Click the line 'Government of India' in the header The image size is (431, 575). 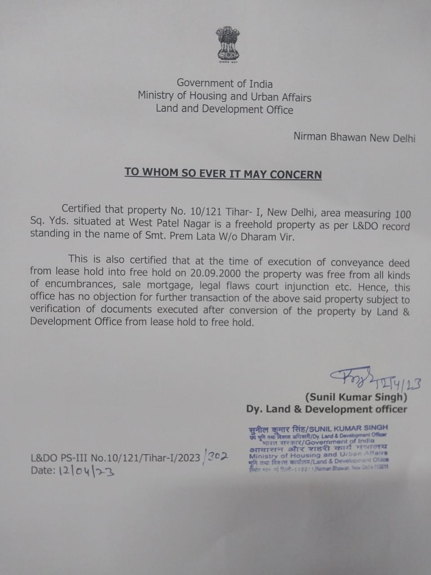tap(224, 83)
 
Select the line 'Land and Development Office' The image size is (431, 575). tap(224, 109)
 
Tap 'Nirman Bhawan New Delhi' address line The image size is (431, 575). tap(354, 137)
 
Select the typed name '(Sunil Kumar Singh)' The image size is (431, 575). tap(356, 397)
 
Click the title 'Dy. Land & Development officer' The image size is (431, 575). tap(326, 409)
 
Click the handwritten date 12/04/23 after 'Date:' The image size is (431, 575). tap(85, 471)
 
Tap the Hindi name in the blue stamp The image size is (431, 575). tap(275, 428)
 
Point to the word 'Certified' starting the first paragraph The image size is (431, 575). tap(81, 209)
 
